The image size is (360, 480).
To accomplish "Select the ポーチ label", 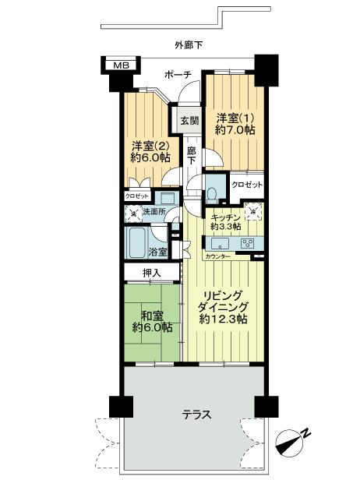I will click(x=178, y=75).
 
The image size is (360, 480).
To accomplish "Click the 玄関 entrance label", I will click(x=189, y=121).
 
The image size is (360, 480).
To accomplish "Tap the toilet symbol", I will click(x=214, y=192).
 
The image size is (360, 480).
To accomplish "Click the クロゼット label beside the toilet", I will click(x=247, y=185).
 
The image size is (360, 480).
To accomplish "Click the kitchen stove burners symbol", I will click(x=249, y=242).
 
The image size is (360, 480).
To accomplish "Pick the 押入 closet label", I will click(x=152, y=272).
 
